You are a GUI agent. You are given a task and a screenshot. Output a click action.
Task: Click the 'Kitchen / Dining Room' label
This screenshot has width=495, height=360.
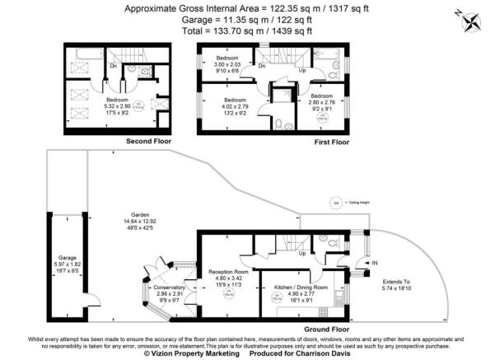(x=301, y=288)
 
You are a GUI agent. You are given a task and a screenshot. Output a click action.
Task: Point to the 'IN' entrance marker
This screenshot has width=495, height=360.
(x=376, y=264)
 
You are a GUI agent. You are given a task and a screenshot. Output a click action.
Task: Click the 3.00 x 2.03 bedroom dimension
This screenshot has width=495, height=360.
(x=228, y=67)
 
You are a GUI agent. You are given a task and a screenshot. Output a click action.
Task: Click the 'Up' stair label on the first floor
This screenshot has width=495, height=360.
(x=302, y=70)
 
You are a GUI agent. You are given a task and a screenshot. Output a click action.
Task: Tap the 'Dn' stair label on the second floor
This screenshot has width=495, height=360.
(x=112, y=67)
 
